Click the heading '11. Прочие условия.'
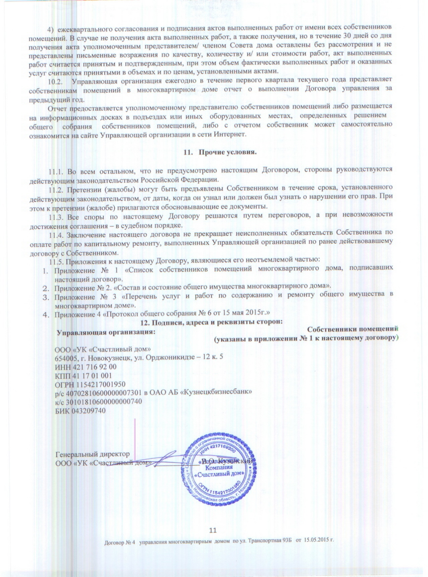click(x=220, y=153)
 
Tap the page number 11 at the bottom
click(x=213, y=530)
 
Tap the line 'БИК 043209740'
click(x=80, y=411)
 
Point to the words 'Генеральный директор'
click(x=92, y=454)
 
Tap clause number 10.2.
click(x=56, y=81)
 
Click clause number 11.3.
click(x=56, y=217)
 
